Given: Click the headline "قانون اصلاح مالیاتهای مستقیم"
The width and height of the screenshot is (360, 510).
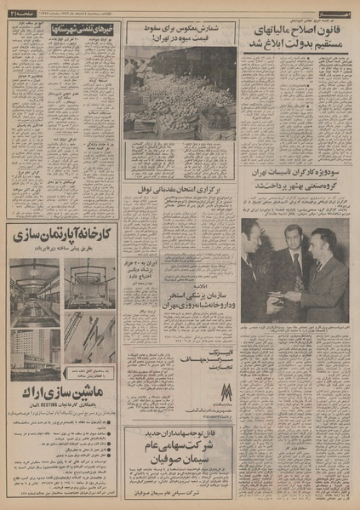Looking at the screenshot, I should point(295,39).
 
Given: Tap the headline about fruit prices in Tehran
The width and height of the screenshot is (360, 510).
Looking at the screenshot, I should point(180,34).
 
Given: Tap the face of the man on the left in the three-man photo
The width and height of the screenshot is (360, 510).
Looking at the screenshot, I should point(253,236).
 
